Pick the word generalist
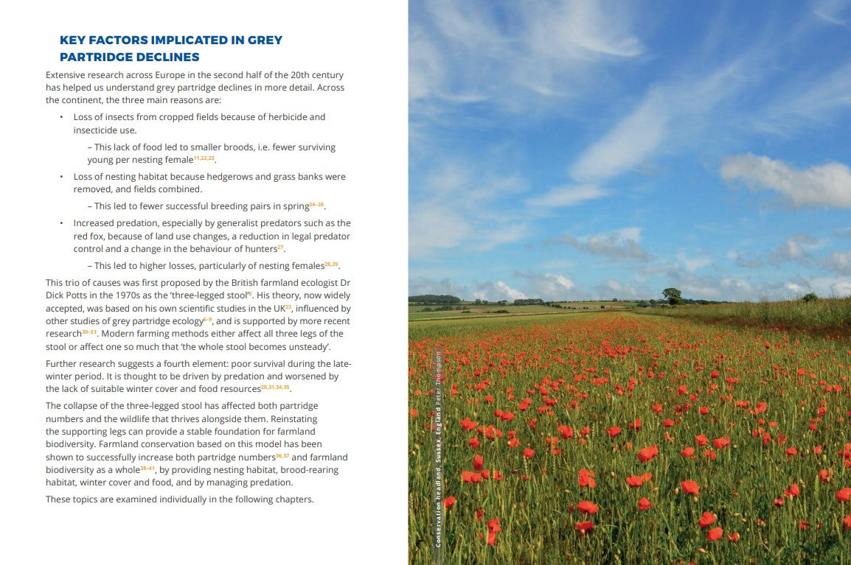[x=233, y=223]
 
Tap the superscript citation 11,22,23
[x=204, y=158]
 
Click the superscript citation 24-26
[x=316, y=205]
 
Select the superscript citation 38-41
[x=147, y=468]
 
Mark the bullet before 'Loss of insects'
[x=60, y=117]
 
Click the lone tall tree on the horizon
[x=672, y=295]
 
